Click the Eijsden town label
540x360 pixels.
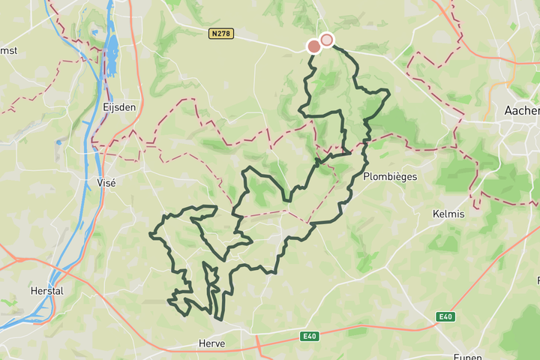click(119, 108)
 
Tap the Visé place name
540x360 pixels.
click(107, 182)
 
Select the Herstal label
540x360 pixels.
click(46, 290)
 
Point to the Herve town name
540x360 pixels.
click(211, 343)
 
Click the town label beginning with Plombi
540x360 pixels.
click(389, 177)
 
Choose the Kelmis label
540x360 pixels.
click(448, 214)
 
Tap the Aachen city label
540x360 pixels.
click(522, 110)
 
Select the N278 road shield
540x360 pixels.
click(221, 33)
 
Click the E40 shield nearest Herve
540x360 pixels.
click(310, 337)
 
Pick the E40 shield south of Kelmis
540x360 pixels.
click(445, 317)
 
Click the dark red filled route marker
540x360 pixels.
click(314, 46)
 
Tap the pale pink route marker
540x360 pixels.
click(326, 40)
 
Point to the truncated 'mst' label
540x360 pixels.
click(8, 51)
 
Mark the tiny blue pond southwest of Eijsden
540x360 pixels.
click(58, 142)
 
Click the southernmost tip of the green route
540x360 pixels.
click(219, 319)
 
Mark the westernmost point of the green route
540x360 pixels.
click(151, 235)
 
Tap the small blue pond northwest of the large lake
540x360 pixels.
click(94, 32)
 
